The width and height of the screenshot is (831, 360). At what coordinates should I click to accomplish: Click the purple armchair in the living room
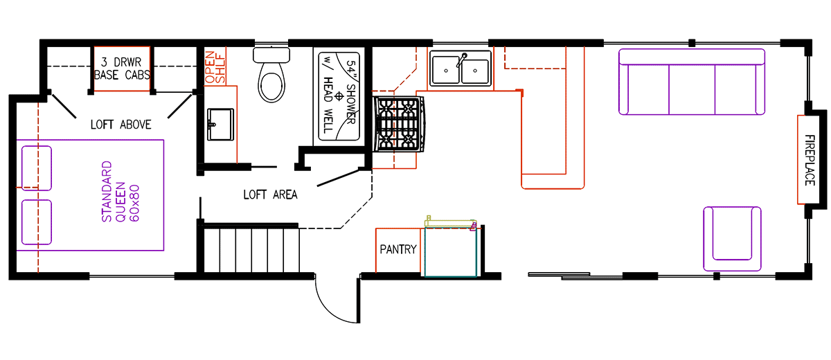point(731,238)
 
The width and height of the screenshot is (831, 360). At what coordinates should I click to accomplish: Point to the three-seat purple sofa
point(692,82)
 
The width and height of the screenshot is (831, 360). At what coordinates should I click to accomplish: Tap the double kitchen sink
point(461,69)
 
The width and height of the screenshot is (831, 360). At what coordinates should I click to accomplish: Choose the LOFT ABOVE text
point(120,125)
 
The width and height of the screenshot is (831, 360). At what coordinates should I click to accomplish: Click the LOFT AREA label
point(270,195)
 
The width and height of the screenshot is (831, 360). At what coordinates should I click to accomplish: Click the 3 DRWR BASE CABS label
point(122,68)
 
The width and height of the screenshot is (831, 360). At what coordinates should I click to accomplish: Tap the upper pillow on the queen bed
point(36,167)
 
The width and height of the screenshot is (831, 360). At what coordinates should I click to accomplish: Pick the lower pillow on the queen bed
point(36,222)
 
